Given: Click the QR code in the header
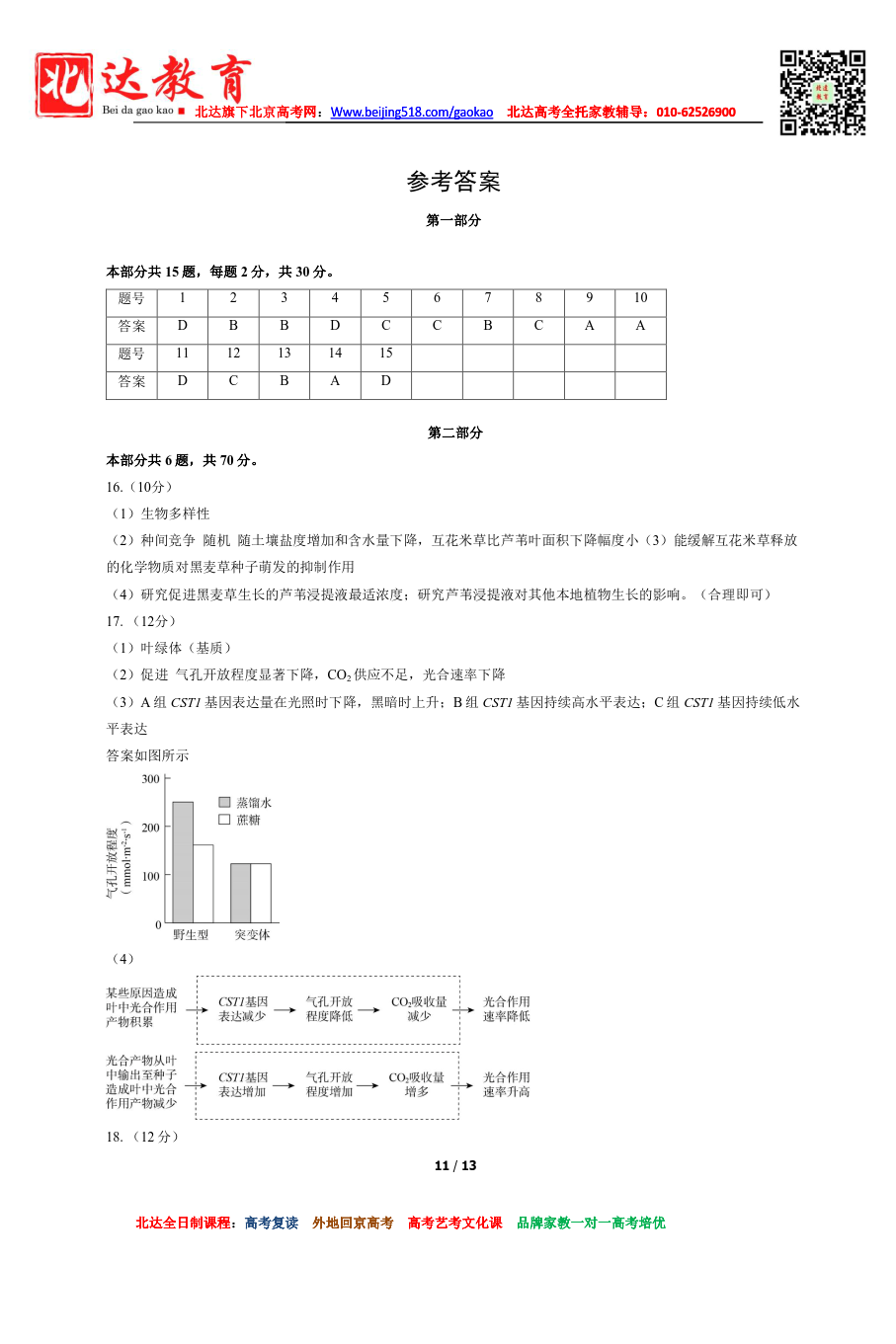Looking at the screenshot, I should coord(822,92).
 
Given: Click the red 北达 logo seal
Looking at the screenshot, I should coord(64,85).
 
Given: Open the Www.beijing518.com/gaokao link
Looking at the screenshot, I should coord(411,113).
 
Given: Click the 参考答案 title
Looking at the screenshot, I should coord(453,182).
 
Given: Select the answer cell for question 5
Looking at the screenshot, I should coord(386,326).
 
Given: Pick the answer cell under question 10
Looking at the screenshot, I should coord(640,326).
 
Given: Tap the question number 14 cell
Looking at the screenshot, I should coord(335,354).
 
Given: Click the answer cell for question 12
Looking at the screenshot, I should coord(233,381).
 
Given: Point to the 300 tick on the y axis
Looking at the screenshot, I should coord(151,779).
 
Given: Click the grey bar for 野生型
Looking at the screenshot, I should coord(183,862).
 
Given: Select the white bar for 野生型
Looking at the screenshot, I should coord(203,884).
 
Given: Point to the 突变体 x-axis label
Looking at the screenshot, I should coord(252,935).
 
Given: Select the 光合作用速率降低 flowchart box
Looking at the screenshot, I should coord(506,1009).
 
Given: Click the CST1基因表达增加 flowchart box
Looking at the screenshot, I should coord(242,1085).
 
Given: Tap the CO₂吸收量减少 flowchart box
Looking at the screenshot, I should coord(419,1009).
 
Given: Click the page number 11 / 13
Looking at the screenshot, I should coord(455,1166).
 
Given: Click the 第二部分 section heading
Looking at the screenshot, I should coord(454,433).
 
